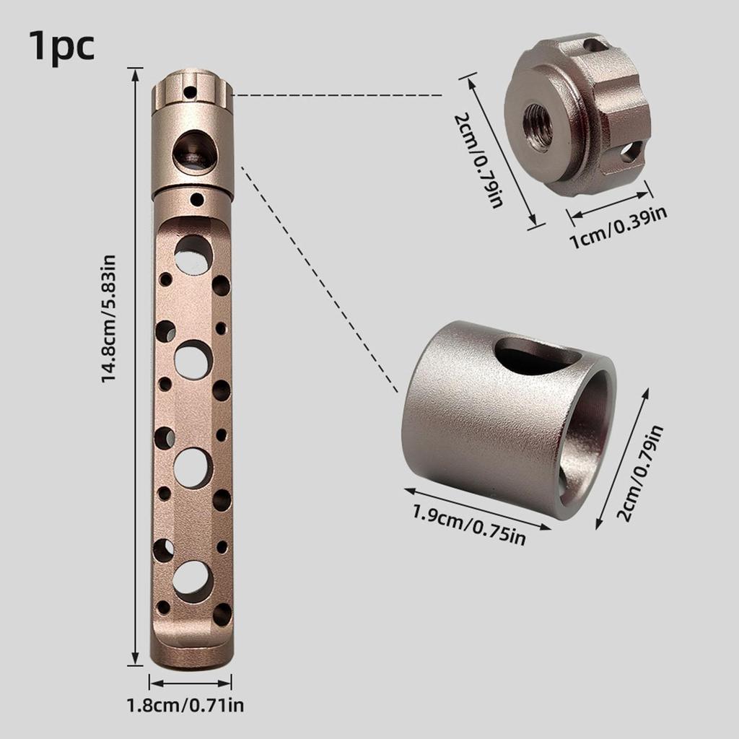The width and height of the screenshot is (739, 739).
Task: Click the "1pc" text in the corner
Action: (62, 46)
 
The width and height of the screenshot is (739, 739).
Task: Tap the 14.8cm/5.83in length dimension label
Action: (109, 318)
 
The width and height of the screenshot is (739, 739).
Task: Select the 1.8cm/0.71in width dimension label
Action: (185, 705)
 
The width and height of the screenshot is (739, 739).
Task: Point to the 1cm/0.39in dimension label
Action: (618, 227)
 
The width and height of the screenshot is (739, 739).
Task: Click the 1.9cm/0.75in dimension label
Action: (469, 524)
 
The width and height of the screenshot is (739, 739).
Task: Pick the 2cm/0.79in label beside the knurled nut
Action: (478, 160)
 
